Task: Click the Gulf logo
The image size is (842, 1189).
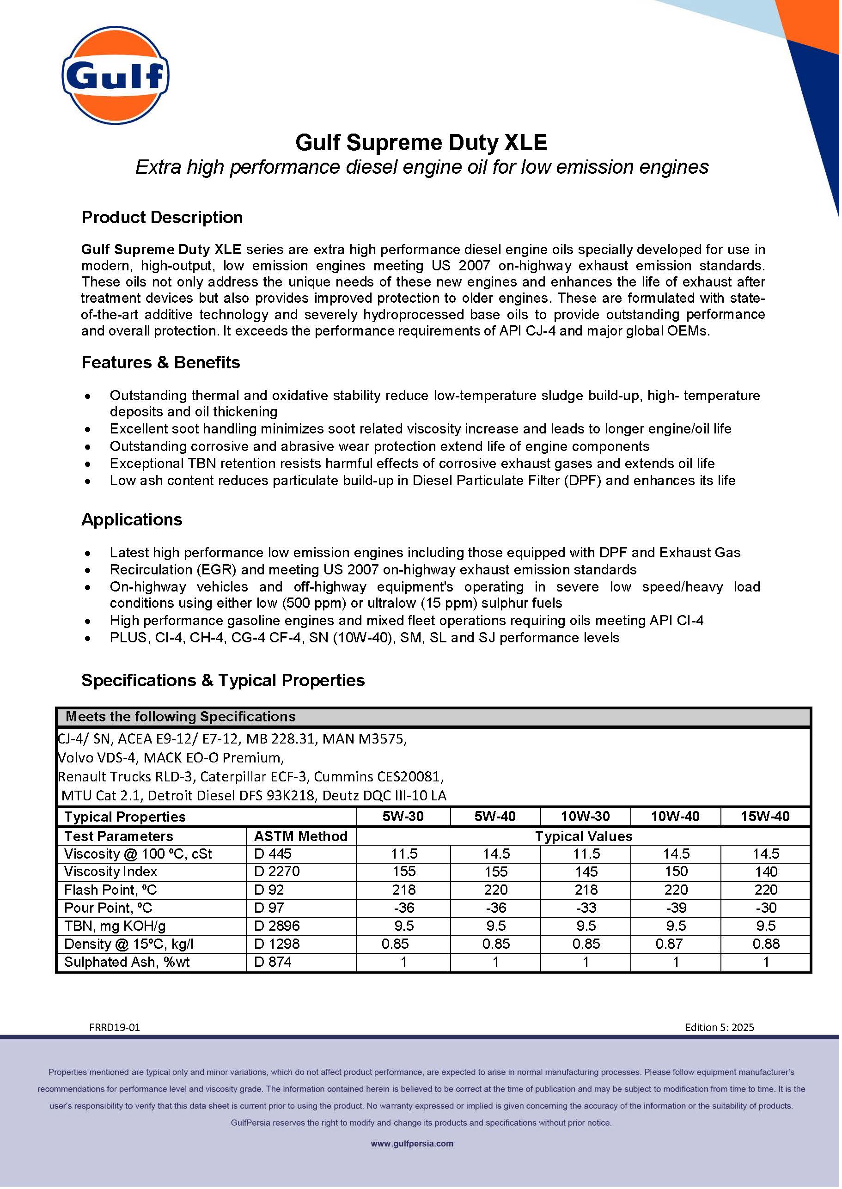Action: pyautogui.click(x=115, y=75)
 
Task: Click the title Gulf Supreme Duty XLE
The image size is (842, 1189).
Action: pyautogui.click(x=421, y=142)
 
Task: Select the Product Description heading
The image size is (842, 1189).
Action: pyautogui.click(x=162, y=217)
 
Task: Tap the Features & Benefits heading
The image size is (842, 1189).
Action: pyautogui.click(x=161, y=362)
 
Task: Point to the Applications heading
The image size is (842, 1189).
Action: pyautogui.click(x=132, y=519)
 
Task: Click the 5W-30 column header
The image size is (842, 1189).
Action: pyautogui.click(x=403, y=817)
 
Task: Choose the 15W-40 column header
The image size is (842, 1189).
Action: pyautogui.click(x=765, y=817)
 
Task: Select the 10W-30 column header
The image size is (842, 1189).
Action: pyautogui.click(x=586, y=817)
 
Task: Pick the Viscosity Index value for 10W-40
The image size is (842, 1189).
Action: pyautogui.click(x=676, y=871)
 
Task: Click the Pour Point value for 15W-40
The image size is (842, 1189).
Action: pyautogui.click(x=765, y=908)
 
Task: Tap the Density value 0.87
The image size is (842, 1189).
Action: pyautogui.click(x=669, y=944)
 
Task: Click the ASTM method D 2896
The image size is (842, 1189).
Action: pyautogui.click(x=277, y=926)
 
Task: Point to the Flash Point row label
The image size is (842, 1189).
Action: pyautogui.click(x=110, y=890)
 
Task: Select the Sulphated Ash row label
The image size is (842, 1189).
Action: pyautogui.click(x=127, y=962)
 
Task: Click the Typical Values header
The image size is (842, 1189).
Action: pyautogui.click(x=583, y=836)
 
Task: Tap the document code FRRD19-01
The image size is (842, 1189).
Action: pyautogui.click(x=115, y=1027)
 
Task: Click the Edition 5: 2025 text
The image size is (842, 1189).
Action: pyautogui.click(x=719, y=1027)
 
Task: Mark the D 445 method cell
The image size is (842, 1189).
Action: pyautogui.click(x=273, y=854)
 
